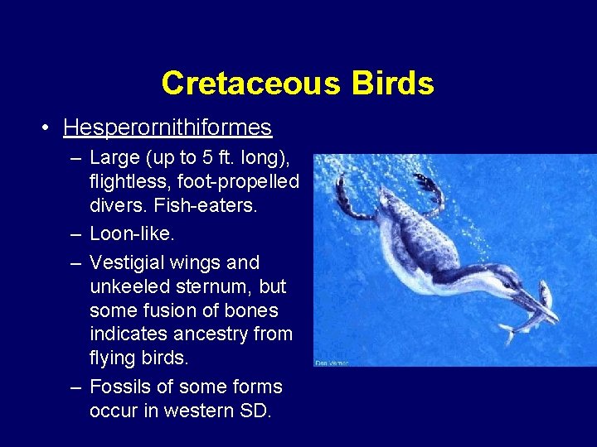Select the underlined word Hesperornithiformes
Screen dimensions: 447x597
click(167, 127)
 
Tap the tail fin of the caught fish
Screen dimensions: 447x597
click(506, 334)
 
